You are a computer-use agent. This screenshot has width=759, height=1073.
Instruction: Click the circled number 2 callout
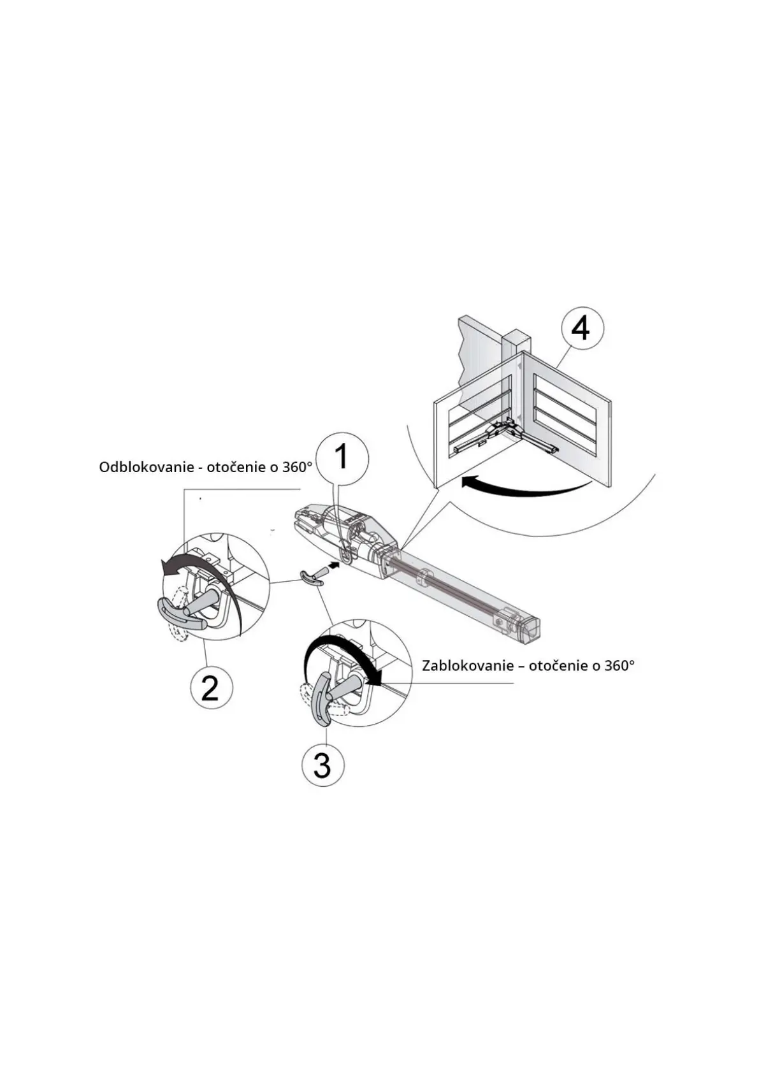pyautogui.click(x=212, y=688)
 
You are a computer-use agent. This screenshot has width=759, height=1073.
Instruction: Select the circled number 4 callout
pyautogui.click(x=581, y=329)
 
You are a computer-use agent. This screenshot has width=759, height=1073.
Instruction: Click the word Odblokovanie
pyautogui.click(x=146, y=467)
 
